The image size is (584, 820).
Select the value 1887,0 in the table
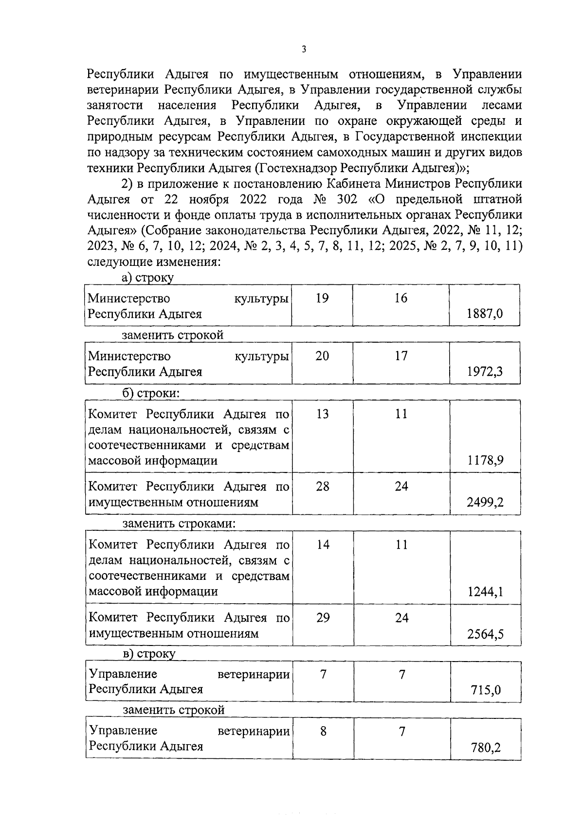click(484, 314)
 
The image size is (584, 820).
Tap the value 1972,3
click(485, 372)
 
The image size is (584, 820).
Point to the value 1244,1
click(486, 592)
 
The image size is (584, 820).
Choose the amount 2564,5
click(486, 634)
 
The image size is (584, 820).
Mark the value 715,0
click(486, 690)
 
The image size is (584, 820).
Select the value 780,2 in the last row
click(486, 747)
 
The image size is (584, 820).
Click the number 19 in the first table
click(322, 298)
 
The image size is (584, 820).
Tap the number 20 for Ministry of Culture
click(322, 356)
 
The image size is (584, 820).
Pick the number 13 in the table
click(322, 414)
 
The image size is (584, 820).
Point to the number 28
click(323, 486)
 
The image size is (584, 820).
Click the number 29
click(323, 618)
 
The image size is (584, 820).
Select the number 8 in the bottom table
click(324, 731)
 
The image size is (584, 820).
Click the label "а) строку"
click(148, 278)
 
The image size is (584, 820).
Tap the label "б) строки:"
click(151, 393)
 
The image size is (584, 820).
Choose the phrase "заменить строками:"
click(179, 524)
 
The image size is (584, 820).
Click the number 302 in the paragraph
click(346, 200)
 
